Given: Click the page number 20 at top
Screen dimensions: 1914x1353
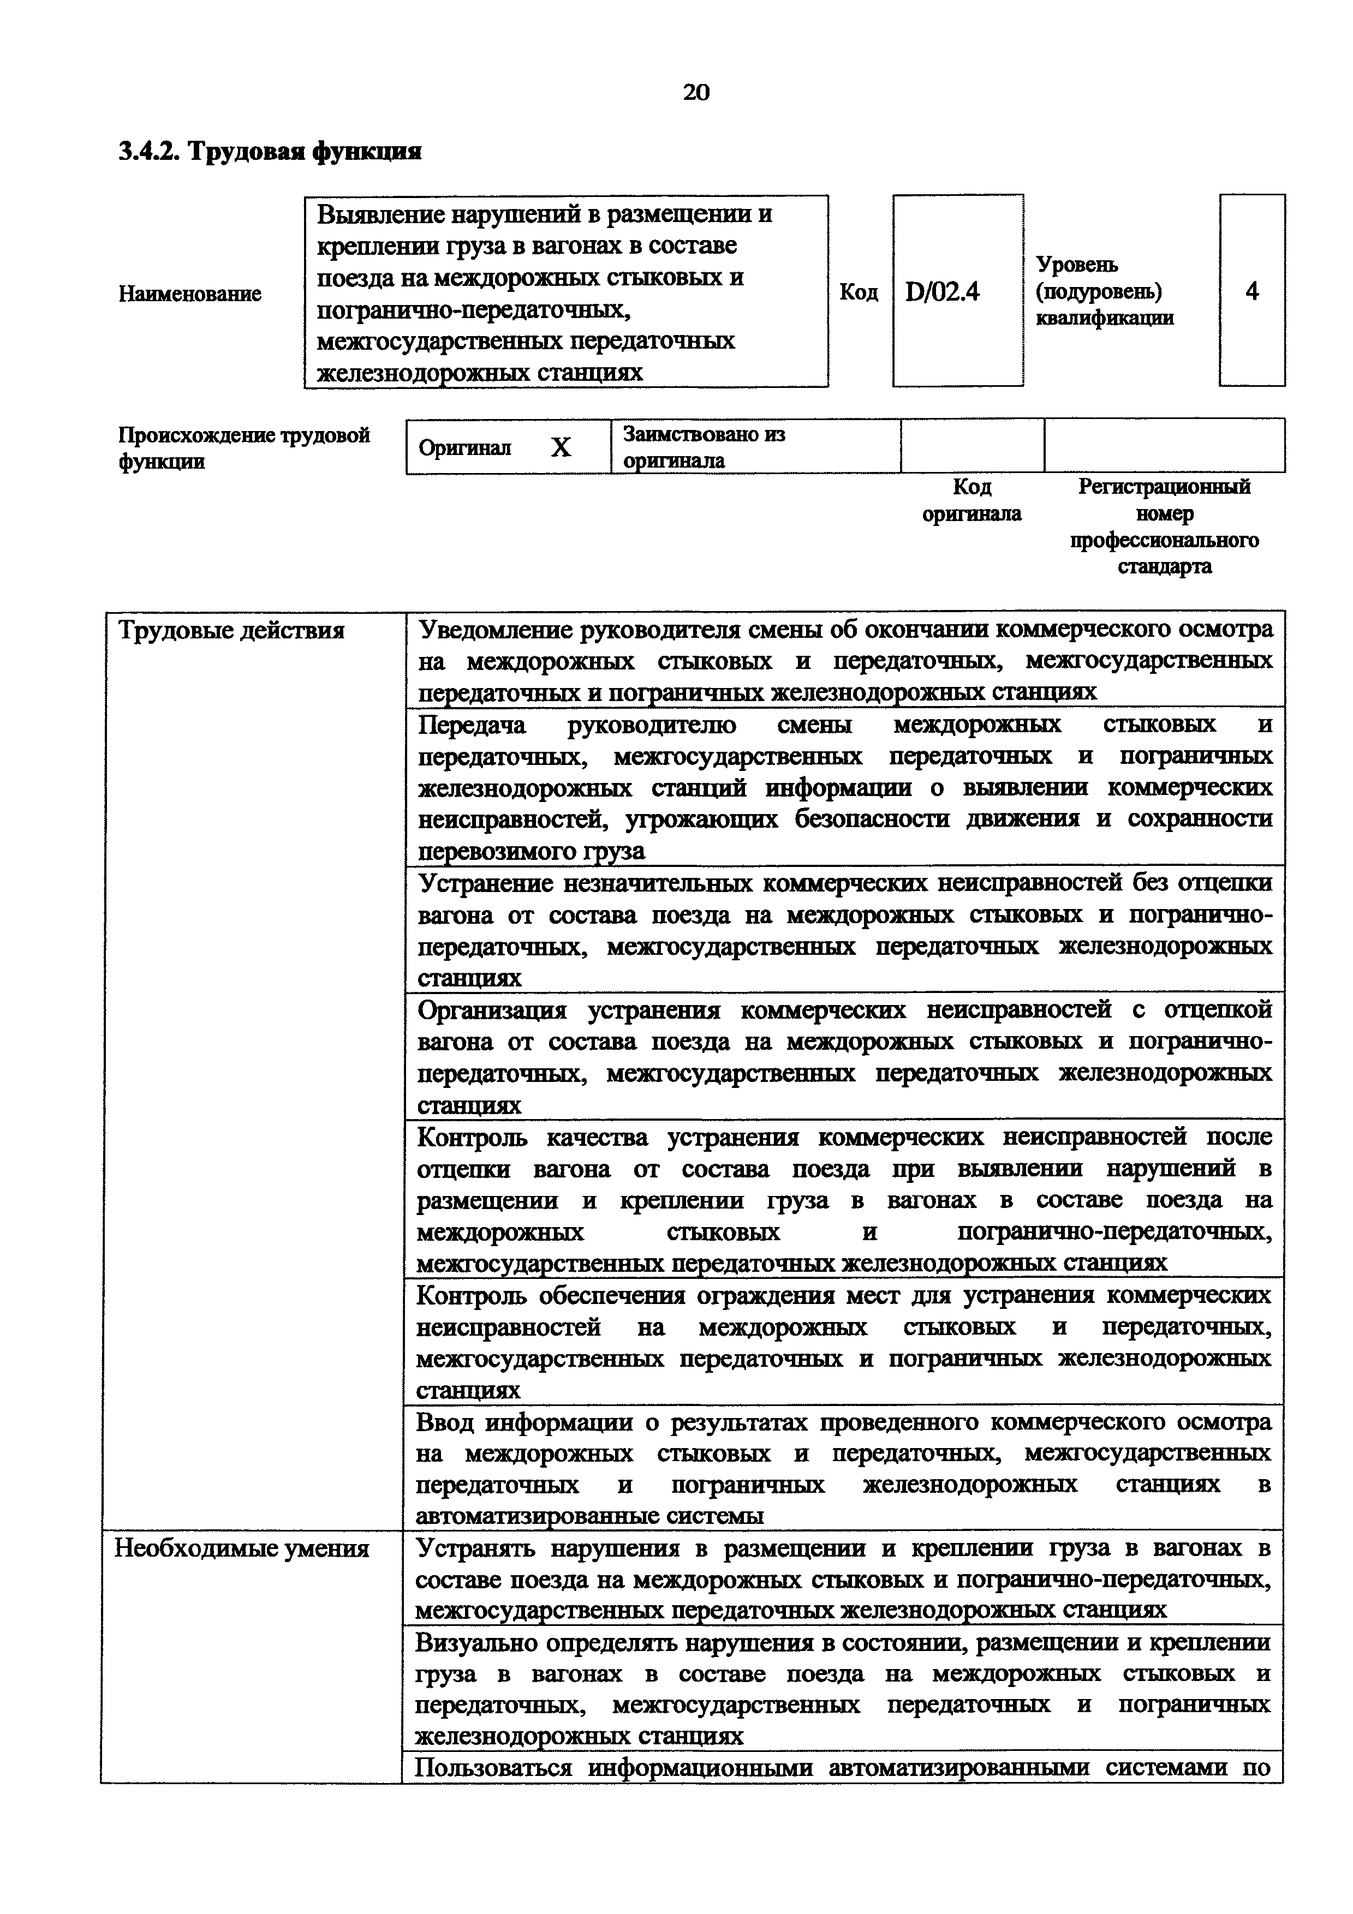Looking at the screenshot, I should coord(696,92).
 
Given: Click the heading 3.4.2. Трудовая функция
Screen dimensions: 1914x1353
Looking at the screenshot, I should coord(270,152).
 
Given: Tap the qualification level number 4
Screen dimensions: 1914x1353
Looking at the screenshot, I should coord(1251,291).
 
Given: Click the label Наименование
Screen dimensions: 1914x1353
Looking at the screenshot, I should coord(190,294).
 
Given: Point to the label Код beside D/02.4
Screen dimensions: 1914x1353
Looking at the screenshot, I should coord(858,292).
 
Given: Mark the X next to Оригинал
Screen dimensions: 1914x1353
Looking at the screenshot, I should coord(561,447).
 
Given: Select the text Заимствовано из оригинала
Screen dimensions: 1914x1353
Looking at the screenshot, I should coord(705,447).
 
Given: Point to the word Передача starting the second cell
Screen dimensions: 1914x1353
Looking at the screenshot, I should coord(472,725).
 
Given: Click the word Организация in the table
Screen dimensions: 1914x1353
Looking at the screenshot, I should coord(492,1010).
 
